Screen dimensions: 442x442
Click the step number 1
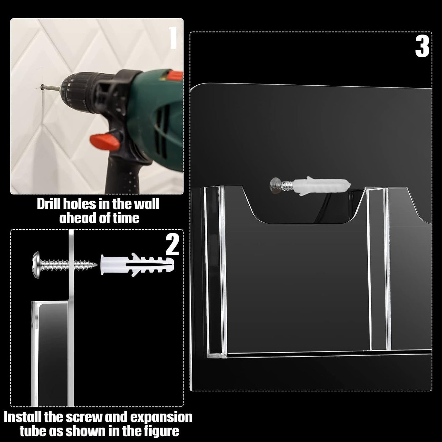[173, 38]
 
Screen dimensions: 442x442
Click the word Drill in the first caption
[47, 204]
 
